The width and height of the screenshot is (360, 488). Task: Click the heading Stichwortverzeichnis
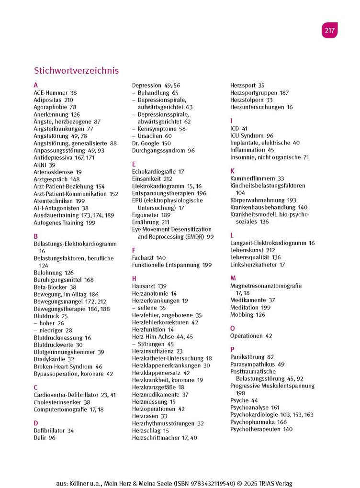click(76, 70)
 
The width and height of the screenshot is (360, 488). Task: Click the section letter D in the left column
click(36, 423)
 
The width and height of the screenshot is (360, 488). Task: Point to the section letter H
click(135, 278)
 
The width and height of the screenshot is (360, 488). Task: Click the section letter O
click(233, 328)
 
